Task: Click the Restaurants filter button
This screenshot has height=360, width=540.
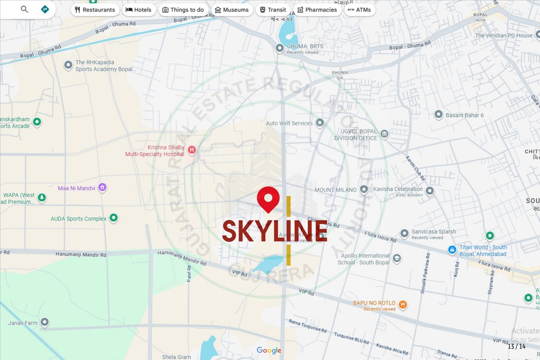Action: click(x=94, y=10)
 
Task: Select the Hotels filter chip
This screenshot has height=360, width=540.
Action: click(x=139, y=10)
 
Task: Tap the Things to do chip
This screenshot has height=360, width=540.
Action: click(x=183, y=10)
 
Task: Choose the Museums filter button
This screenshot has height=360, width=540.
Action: click(x=232, y=10)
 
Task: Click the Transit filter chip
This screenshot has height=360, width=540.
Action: click(x=273, y=10)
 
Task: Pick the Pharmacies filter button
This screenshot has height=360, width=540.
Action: click(x=317, y=10)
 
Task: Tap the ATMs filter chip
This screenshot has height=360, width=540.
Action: click(x=360, y=10)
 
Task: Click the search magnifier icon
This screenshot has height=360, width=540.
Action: click(x=24, y=9)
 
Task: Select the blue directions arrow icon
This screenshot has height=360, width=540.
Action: click(x=45, y=9)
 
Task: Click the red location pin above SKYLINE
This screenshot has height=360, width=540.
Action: click(x=268, y=198)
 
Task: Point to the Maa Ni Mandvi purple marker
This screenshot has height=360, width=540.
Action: click(x=102, y=187)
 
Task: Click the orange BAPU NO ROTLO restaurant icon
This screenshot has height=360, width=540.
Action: click(x=403, y=305)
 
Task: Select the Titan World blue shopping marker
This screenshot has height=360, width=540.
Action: click(x=452, y=249)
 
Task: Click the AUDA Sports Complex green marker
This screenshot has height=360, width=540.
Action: click(x=114, y=218)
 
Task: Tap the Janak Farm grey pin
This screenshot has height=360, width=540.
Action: click(x=45, y=322)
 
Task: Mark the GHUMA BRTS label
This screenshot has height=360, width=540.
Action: click(x=305, y=46)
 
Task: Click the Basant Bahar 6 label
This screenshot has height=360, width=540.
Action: click(x=464, y=115)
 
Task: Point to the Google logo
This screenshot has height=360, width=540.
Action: click(x=269, y=351)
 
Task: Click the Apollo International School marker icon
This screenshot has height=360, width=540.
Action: click(x=397, y=258)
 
